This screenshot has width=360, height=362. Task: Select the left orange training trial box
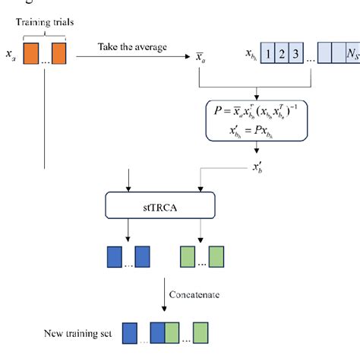[x=30, y=54]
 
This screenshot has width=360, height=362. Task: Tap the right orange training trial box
[x=58, y=54]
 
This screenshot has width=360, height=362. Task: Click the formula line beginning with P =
[x=257, y=113]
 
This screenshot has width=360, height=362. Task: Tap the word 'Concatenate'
[x=196, y=291]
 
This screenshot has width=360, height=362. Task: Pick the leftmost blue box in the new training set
[x=130, y=335]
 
